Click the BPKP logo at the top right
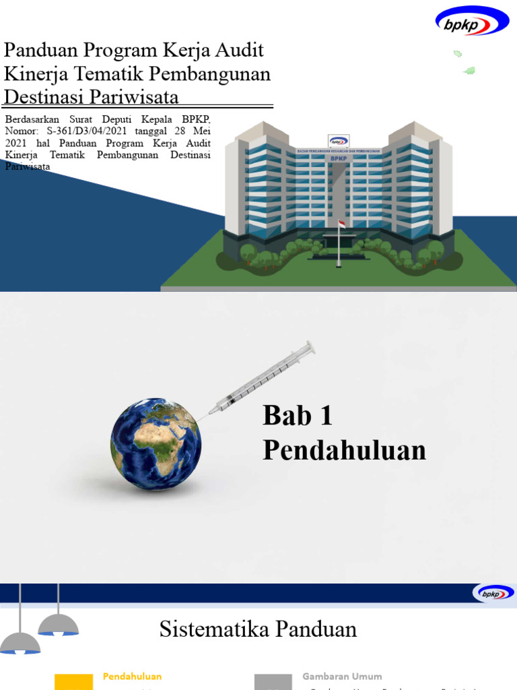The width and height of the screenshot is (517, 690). [472, 21]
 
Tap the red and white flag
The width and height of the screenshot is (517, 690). [341, 224]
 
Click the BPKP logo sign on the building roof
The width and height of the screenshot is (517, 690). [339, 142]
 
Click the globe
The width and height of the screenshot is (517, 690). [156, 444]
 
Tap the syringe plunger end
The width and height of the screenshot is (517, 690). [310, 346]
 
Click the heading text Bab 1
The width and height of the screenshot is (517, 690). [298, 416]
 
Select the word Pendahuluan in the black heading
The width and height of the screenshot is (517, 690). [344, 451]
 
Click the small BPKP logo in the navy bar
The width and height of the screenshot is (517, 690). [494, 593]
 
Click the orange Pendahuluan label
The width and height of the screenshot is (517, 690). [132, 676]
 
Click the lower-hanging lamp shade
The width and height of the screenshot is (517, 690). [20, 644]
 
